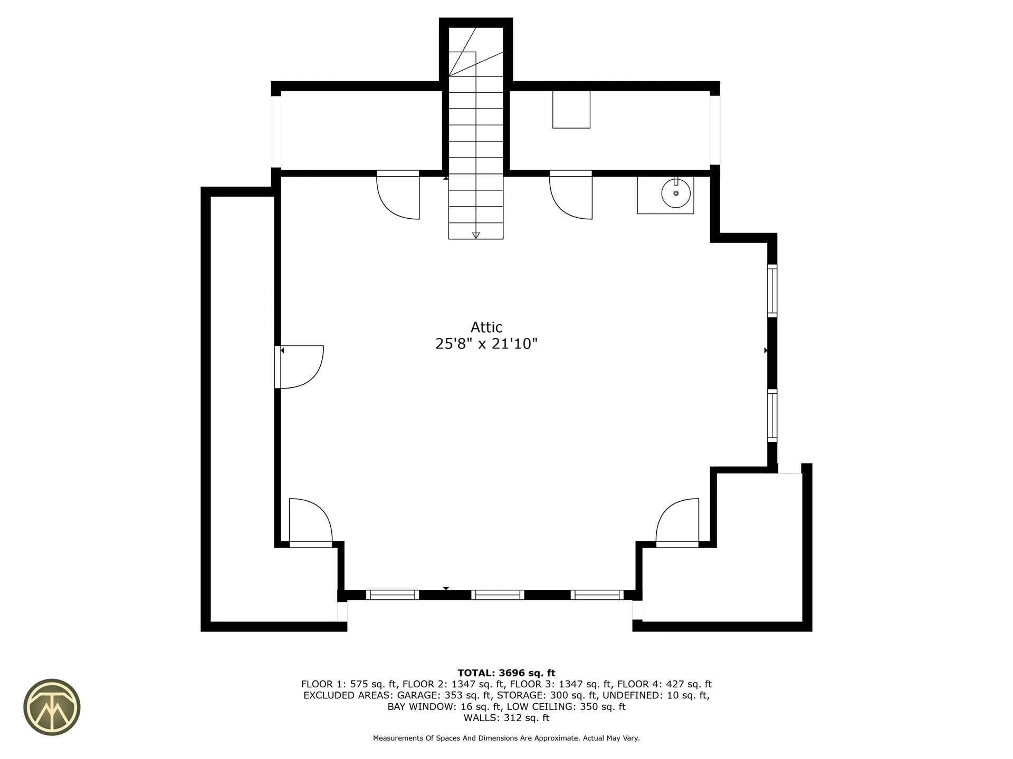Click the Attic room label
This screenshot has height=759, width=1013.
486,327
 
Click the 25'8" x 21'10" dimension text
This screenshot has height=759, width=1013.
486,344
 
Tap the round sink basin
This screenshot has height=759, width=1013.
676,193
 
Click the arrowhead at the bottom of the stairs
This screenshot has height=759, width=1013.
476,235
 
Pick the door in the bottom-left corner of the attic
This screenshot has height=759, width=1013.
310,522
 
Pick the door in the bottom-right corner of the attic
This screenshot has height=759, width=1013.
677,522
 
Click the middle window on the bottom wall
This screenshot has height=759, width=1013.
498,595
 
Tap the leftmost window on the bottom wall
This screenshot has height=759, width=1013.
392,595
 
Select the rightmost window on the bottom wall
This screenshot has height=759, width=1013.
597,595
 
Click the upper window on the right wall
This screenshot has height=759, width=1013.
772,291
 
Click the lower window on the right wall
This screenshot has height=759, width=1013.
772,416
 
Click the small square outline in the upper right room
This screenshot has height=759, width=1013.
571,109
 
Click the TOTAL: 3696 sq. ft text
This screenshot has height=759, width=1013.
506,673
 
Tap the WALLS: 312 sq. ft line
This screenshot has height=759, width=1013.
506,718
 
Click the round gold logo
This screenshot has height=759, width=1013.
52,707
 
